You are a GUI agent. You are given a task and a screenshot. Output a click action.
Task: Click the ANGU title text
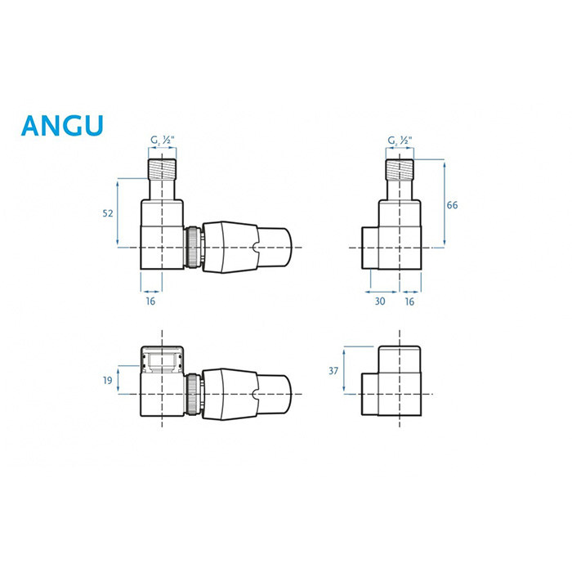[62, 126]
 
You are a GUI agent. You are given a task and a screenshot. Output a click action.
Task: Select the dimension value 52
[108, 213]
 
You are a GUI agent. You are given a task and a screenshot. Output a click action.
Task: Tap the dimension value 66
[452, 205]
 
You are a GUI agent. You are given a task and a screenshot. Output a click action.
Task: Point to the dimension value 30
[380, 302]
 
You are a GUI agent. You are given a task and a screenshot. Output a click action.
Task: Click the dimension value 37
[333, 371]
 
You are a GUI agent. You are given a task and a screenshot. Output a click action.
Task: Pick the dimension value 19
[107, 381]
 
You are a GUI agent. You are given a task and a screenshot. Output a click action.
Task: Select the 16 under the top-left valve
[150, 302]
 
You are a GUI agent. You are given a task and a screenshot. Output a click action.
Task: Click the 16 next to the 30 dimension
[409, 302]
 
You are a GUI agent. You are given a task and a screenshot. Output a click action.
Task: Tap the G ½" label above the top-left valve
[163, 140]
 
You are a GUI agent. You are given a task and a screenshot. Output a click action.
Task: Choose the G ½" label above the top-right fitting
[400, 141]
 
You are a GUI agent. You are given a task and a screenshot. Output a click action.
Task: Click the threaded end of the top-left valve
[162, 169]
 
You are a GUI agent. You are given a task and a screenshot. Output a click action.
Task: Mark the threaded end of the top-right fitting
[400, 170]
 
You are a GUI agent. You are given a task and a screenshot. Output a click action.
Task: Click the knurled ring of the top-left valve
[192, 248]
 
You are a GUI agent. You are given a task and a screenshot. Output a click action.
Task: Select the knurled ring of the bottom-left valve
[192, 394]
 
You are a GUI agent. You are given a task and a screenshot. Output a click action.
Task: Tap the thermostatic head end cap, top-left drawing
[275, 248]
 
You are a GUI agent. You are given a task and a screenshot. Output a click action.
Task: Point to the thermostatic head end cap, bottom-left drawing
[275, 394]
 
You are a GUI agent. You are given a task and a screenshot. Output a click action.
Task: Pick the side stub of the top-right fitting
[370, 248]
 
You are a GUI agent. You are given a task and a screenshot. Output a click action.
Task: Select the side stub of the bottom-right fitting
[370, 394]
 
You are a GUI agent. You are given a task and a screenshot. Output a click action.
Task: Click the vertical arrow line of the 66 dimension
[445, 204]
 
